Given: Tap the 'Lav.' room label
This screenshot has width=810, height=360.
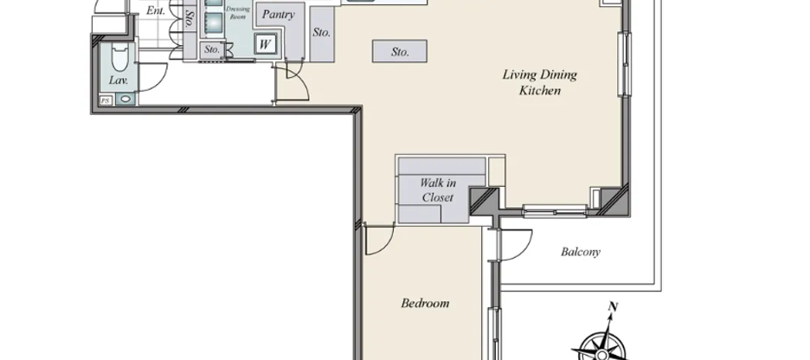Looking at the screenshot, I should [x=119, y=80].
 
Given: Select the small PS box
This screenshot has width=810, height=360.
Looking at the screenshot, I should [x=106, y=100].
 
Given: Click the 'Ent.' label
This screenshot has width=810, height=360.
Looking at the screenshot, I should [x=156, y=11].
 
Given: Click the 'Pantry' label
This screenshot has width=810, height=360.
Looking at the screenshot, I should [x=278, y=15].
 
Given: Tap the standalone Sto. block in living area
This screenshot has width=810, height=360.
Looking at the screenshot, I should [x=399, y=52].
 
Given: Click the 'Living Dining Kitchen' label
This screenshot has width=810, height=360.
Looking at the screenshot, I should [x=540, y=82].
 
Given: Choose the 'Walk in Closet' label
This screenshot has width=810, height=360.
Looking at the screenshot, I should [x=438, y=190].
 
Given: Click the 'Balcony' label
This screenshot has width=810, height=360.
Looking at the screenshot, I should [x=581, y=253].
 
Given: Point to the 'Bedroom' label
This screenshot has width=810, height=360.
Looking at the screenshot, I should [x=425, y=303].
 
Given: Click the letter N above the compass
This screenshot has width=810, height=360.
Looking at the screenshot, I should [x=613, y=306].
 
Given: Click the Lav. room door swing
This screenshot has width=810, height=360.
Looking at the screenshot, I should [x=152, y=76].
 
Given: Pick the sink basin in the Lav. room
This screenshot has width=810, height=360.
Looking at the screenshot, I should [x=127, y=100].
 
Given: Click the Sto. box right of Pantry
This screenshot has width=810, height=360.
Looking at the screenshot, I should [x=321, y=33].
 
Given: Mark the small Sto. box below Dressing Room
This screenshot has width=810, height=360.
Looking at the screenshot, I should [x=212, y=50].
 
